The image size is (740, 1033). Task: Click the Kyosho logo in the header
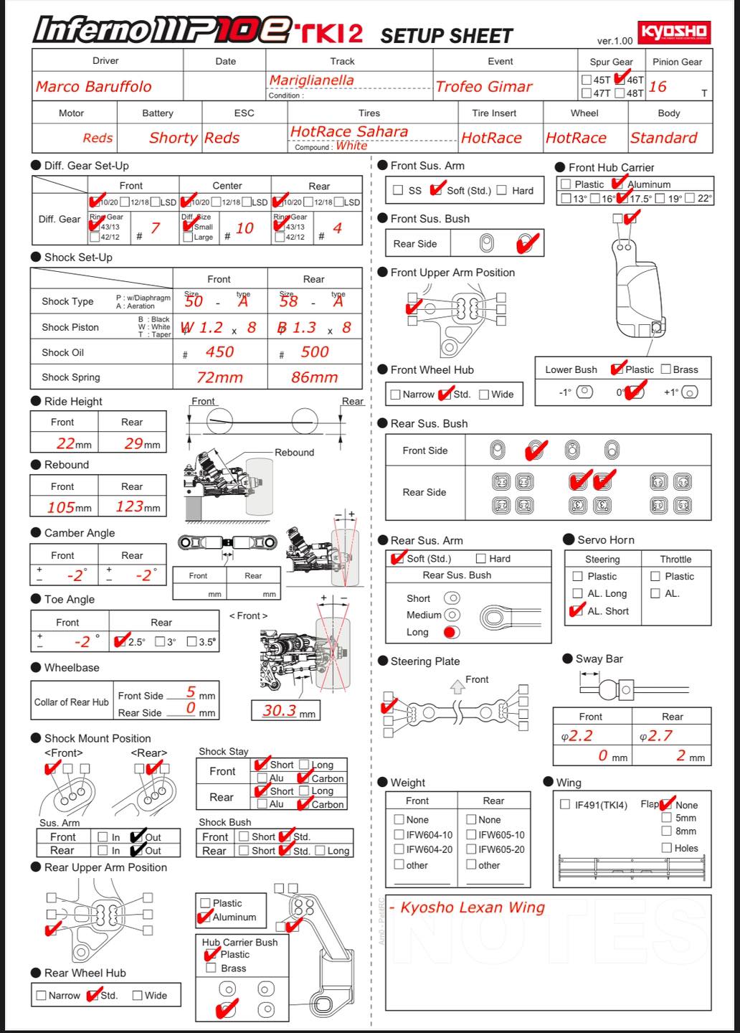[673, 32]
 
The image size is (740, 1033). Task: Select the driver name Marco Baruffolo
[93, 87]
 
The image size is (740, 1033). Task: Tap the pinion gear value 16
[658, 87]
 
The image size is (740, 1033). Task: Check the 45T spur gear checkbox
[587, 80]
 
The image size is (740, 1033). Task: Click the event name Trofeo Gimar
[484, 87]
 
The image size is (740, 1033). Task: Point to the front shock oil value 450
[219, 352]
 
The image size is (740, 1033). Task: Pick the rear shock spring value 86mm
[314, 377]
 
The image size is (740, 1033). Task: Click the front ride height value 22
[66, 443]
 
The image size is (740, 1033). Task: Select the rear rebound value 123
[130, 506]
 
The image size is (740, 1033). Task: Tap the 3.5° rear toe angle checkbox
[191, 641]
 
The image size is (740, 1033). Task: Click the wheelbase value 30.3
[279, 710]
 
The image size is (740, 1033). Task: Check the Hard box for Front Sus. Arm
[502, 190]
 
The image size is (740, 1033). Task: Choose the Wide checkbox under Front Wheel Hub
[483, 394]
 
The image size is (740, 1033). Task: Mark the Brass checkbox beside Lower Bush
[665, 369]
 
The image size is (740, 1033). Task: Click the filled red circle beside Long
[451, 632]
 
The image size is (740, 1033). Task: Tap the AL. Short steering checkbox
[577, 611]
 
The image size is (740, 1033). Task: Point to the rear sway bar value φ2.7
[656, 735]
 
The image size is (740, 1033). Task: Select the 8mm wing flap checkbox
[666, 831]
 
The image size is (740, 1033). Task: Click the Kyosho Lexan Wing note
[472, 907]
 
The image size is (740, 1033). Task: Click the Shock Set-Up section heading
[78, 257]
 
